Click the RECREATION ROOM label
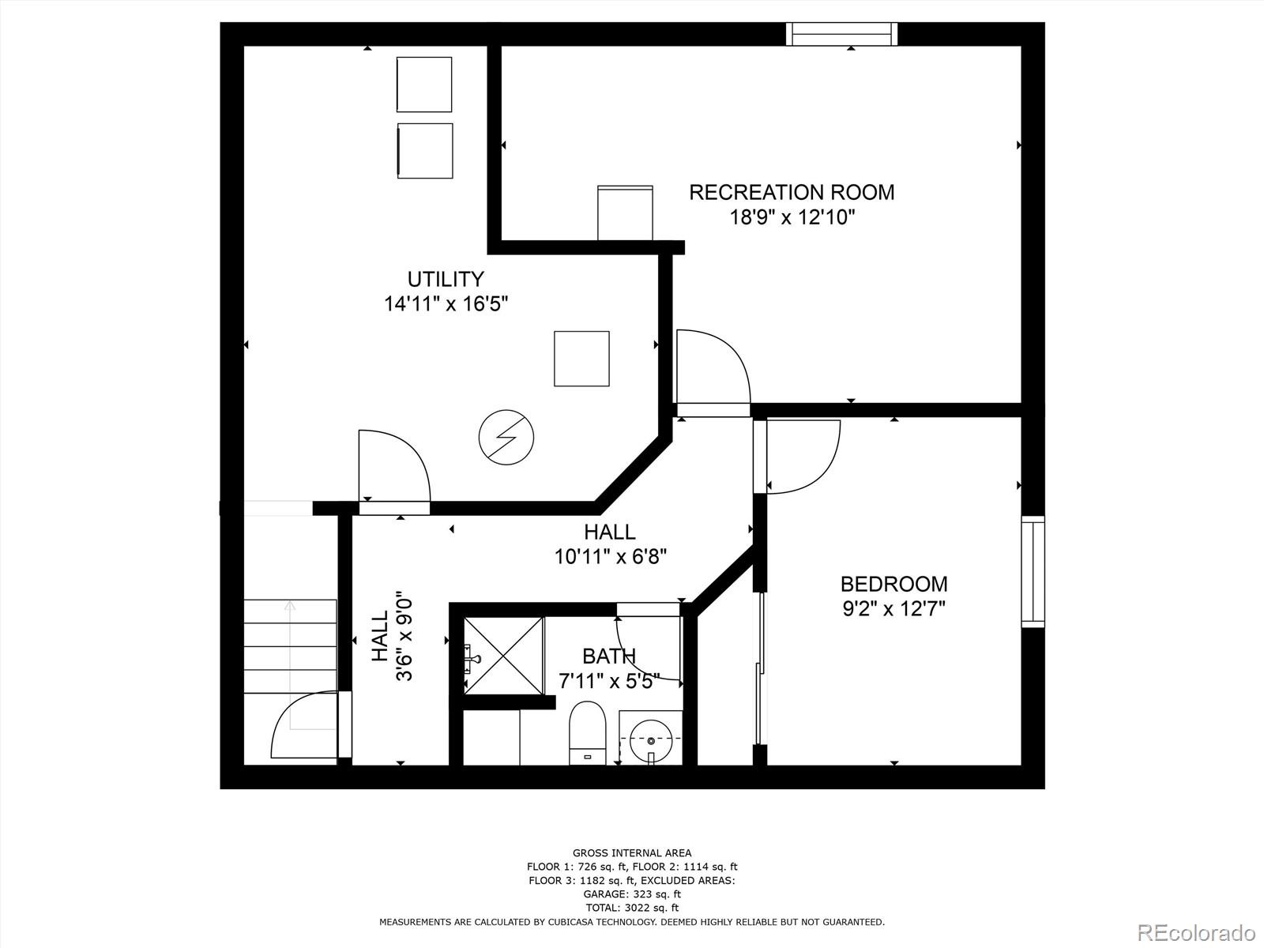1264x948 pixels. (x=792, y=192)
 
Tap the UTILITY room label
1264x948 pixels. (x=446, y=279)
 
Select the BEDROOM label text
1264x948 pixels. (x=893, y=585)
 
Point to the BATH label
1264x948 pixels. (x=608, y=656)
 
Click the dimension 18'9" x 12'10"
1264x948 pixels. (x=792, y=217)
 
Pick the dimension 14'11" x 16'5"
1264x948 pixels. (x=446, y=304)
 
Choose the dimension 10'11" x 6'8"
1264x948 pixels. (x=611, y=557)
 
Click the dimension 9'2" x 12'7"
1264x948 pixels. (x=893, y=609)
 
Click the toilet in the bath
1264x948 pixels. (x=588, y=733)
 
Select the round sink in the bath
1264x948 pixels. (x=651, y=740)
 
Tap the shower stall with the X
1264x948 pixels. (x=503, y=656)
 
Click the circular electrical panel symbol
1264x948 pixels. (x=506, y=438)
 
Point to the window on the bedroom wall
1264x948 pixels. (x=1033, y=571)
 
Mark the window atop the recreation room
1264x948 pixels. (x=842, y=34)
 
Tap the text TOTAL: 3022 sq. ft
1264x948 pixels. (x=632, y=908)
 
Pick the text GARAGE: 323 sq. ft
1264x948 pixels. (x=632, y=894)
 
